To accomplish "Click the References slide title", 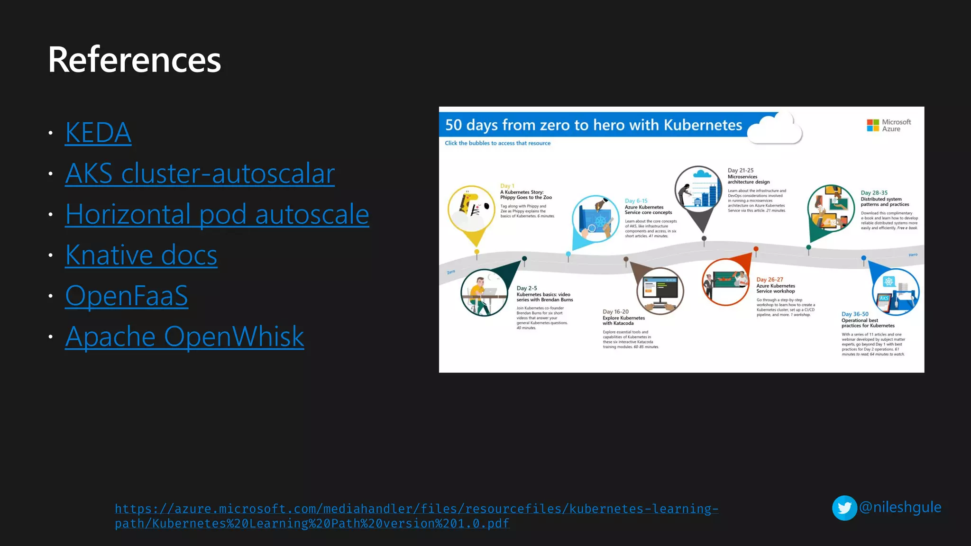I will pyautogui.click(x=135, y=60).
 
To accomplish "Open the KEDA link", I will pyautogui.click(x=98, y=132).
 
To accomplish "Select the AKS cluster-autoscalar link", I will pyautogui.click(x=200, y=173).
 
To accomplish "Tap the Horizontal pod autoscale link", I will pyautogui.click(x=217, y=214).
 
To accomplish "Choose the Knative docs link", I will pyautogui.click(x=141, y=255).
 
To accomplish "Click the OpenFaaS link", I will pyautogui.click(x=127, y=296).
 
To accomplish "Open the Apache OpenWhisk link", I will pyautogui.click(x=184, y=337).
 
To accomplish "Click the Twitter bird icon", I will pyautogui.click(x=844, y=508).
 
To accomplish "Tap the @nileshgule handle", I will pyautogui.click(x=900, y=507).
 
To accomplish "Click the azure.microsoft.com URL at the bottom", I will pyautogui.click(x=416, y=516).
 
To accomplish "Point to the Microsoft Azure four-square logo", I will pyautogui.click(x=873, y=126).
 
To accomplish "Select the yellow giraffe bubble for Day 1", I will pyautogui.click(x=471, y=208).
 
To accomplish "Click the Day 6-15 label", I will pyautogui.click(x=636, y=201).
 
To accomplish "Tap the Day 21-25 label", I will pyautogui.click(x=740, y=171).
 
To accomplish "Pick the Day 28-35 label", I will pyautogui.click(x=874, y=193).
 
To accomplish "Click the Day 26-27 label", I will pyautogui.click(x=769, y=280).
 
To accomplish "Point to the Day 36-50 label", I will pyautogui.click(x=855, y=314).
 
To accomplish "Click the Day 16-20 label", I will pyautogui.click(x=615, y=312).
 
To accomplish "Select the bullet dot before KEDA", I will pyautogui.click(x=51, y=133).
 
